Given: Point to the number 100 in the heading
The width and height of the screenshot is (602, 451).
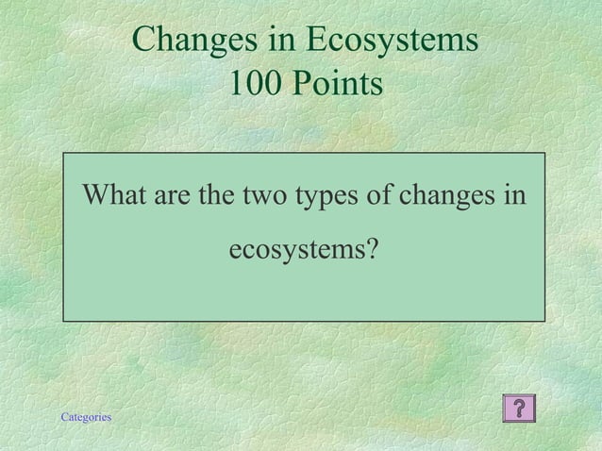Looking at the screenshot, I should click(254, 85).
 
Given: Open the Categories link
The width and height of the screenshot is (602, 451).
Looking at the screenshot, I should click(86, 416).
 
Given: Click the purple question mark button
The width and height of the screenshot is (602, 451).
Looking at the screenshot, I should click(520, 408).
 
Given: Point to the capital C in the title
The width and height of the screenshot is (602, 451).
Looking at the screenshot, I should click(144, 41).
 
